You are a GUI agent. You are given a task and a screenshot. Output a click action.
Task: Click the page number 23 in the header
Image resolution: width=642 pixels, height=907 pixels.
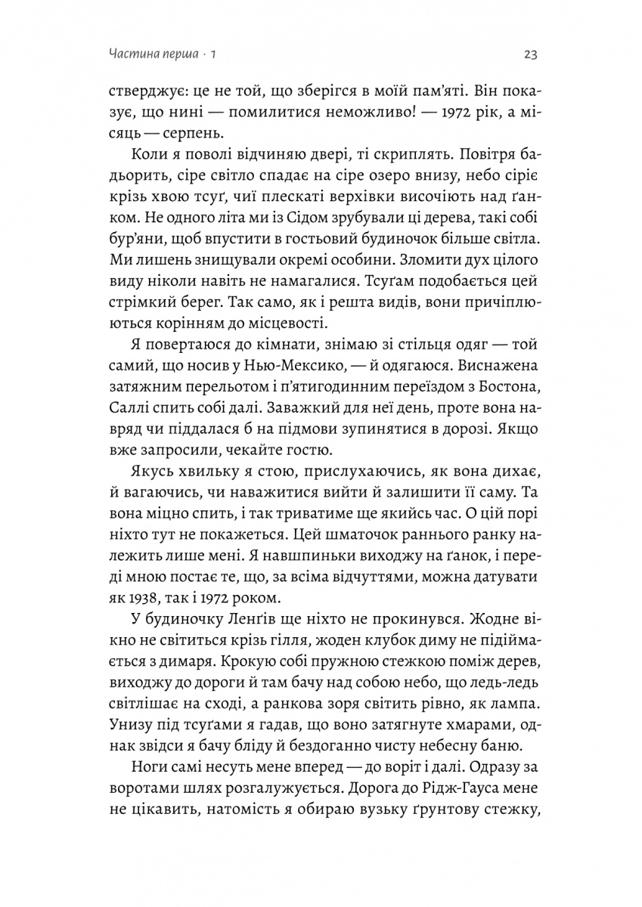pyautogui.click(x=529, y=54)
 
